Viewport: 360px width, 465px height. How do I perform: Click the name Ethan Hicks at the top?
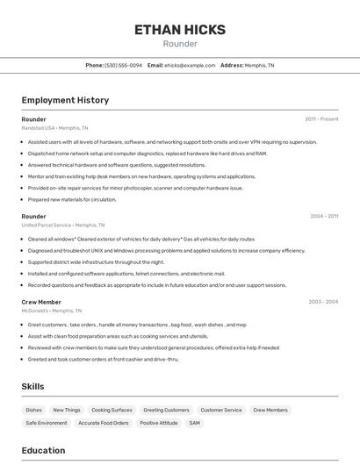coord(180,30)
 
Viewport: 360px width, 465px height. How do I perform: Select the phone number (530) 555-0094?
coord(123,65)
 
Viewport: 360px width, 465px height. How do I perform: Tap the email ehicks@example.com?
coord(190,65)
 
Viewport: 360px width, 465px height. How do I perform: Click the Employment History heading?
coord(65,100)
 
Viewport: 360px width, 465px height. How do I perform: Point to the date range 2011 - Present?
coord(321,119)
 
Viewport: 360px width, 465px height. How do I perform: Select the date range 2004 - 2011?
coord(323,216)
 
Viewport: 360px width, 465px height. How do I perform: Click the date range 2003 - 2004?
coord(323,302)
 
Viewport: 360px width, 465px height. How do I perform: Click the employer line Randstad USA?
coord(54,128)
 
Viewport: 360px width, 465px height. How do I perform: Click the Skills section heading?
coord(32,386)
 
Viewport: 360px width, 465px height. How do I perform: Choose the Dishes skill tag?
coord(33,410)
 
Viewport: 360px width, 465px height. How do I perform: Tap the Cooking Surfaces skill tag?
coord(112,410)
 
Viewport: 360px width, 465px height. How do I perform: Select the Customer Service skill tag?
coord(220,410)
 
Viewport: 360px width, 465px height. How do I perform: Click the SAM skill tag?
coord(194,423)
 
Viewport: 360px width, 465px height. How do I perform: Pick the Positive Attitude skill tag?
coord(158,423)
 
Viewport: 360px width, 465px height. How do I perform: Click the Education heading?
coord(43,450)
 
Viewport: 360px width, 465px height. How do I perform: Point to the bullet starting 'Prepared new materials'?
coord(71,199)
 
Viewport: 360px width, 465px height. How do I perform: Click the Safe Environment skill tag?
coord(47,423)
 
